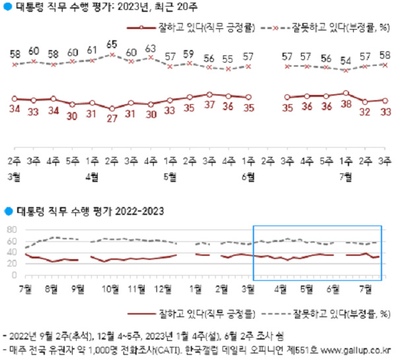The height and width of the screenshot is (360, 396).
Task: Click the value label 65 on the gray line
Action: pos(112,45)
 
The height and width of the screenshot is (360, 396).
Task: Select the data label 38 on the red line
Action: pos(346,104)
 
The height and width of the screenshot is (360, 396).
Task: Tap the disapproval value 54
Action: pos(346,61)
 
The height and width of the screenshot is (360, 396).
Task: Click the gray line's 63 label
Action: pos(150,48)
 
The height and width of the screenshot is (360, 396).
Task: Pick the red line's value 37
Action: pos(209,105)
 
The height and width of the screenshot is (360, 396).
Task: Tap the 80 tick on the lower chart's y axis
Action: pos(11,229)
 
